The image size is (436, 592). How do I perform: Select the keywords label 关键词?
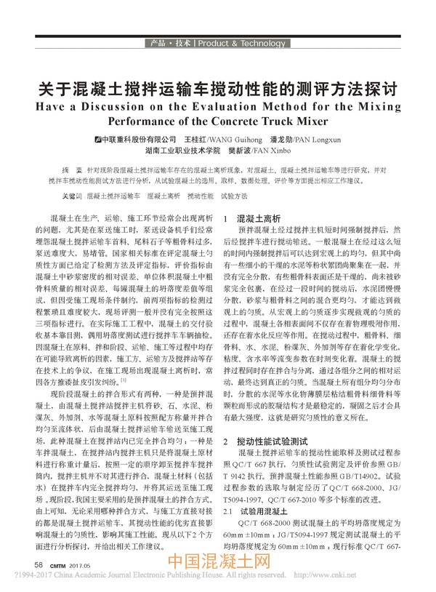[x=70, y=196]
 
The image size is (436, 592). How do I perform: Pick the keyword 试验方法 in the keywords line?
[x=234, y=196]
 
